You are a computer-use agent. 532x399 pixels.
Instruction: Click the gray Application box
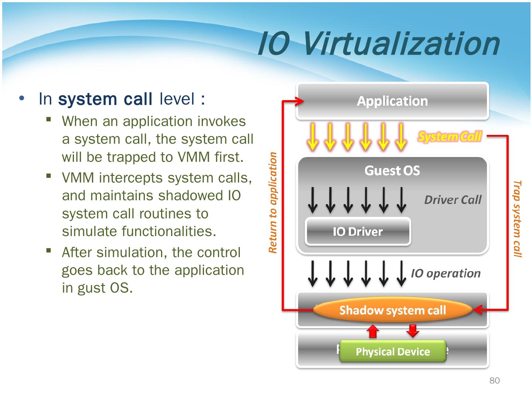pyautogui.click(x=392, y=101)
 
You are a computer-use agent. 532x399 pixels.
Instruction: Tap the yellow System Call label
pyautogui.click(x=450, y=137)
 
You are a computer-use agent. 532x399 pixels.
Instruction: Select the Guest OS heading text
pyautogui.click(x=392, y=170)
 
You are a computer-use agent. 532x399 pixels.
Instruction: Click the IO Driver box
pyautogui.click(x=358, y=232)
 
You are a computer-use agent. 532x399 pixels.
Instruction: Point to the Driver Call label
pyautogui.click(x=453, y=200)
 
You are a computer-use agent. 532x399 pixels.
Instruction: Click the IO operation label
pyautogui.click(x=446, y=273)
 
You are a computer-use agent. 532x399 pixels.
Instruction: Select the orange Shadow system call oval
pyautogui.click(x=392, y=310)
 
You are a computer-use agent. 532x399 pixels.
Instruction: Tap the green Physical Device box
pyautogui.click(x=393, y=351)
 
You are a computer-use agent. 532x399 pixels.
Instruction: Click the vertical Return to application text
pyautogui.click(x=273, y=203)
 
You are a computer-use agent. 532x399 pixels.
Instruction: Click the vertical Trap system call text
pyautogui.click(x=518, y=219)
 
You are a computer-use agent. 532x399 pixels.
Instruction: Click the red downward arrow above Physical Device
pyautogui.click(x=412, y=331)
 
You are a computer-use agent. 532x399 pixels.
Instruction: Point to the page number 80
pyautogui.click(x=494, y=381)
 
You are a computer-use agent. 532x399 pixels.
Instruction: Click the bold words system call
pyautogui.click(x=105, y=99)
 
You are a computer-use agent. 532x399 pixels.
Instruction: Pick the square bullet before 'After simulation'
pyautogui.click(x=48, y=250)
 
